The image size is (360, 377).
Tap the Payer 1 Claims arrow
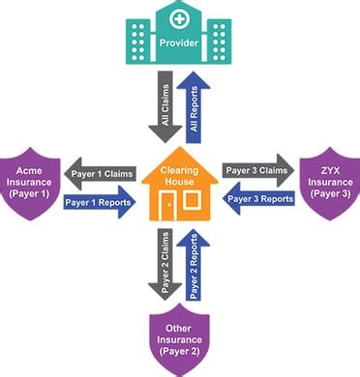pyautogui.click(x=102, y=173)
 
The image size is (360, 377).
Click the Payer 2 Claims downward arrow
pyautogui.click(x=163, y=268)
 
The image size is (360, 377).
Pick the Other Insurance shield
pyautogui.click(x=179, y=338)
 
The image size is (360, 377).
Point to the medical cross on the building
pyautogui.click(x=179, y=18)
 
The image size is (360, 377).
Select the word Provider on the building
pyautogui.click(x=179, y=44)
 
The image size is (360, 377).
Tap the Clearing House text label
pyautogui.click(x=179, y=176)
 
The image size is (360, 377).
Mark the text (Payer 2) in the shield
pyautogui.click(x=179, y=354)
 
